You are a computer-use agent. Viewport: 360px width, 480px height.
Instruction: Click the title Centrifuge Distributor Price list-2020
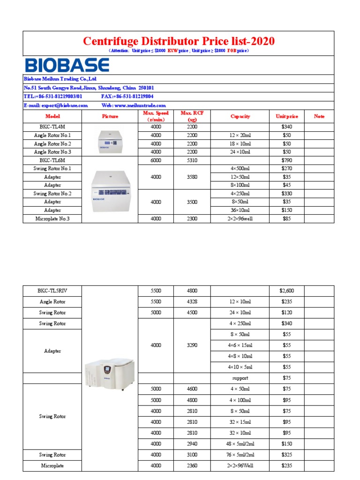[179, 41]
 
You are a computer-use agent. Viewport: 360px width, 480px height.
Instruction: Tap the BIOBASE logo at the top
[67, 65]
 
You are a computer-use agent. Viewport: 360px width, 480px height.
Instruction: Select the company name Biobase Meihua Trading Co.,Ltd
[60, 79]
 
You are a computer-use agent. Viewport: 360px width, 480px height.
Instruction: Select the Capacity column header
[240, 116]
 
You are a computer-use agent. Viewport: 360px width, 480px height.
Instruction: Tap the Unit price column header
[286, 116]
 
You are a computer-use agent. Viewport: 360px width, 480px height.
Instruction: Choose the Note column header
[319, 116]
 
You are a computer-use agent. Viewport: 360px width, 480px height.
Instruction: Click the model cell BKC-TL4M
[52, 127]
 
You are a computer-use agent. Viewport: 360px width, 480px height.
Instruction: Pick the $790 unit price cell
[286, 160]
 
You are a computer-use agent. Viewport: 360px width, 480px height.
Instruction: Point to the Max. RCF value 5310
[192, 160]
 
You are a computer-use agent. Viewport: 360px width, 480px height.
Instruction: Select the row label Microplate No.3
[52, 218]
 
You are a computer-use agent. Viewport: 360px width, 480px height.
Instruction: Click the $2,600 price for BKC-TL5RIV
[286, 291]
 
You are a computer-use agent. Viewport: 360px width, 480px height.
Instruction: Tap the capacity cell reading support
[240, 378]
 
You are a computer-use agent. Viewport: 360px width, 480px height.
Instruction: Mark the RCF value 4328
[192, 302]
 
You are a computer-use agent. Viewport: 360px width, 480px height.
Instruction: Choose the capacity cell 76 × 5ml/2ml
[240, 455]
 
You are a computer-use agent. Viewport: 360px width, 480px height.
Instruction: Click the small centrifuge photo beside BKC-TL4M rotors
[110, 139]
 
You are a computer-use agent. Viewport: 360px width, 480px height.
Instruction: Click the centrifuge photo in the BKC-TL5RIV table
[110, 375]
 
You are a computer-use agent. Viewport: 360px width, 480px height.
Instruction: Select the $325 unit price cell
[286, 455]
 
